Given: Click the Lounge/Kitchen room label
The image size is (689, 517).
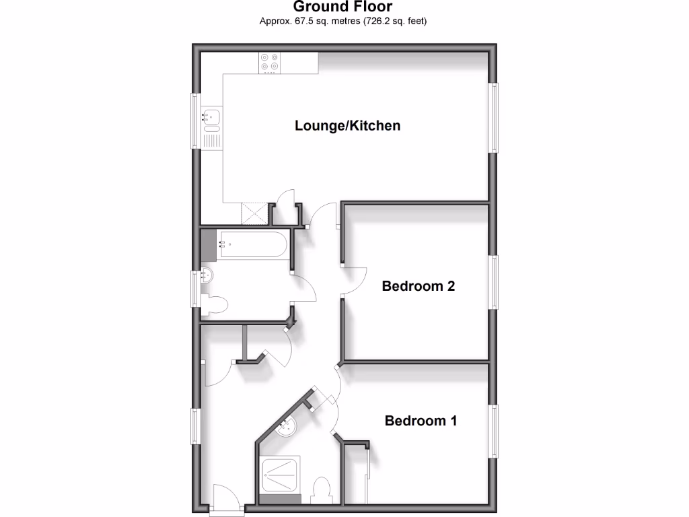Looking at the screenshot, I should click(347, 126).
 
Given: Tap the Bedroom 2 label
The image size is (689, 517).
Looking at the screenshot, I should click(418, 286).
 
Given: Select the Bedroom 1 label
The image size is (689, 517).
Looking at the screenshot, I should click(421, 421).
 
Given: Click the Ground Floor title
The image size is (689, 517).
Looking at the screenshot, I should click(343, 7).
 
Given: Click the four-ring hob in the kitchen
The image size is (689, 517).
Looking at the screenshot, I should click(270, 63).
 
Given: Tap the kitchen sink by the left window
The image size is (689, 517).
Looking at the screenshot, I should click(211, 119).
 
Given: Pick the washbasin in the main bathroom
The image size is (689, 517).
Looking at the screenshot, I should click(207, 275).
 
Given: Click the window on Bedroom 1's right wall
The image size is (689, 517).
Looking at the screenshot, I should click(495, 431).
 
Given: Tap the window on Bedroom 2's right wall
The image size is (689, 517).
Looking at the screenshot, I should click(495, 283).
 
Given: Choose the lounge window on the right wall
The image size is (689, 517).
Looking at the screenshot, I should click(495, 118).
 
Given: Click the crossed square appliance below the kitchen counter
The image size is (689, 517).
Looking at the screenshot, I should click(254, 213).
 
